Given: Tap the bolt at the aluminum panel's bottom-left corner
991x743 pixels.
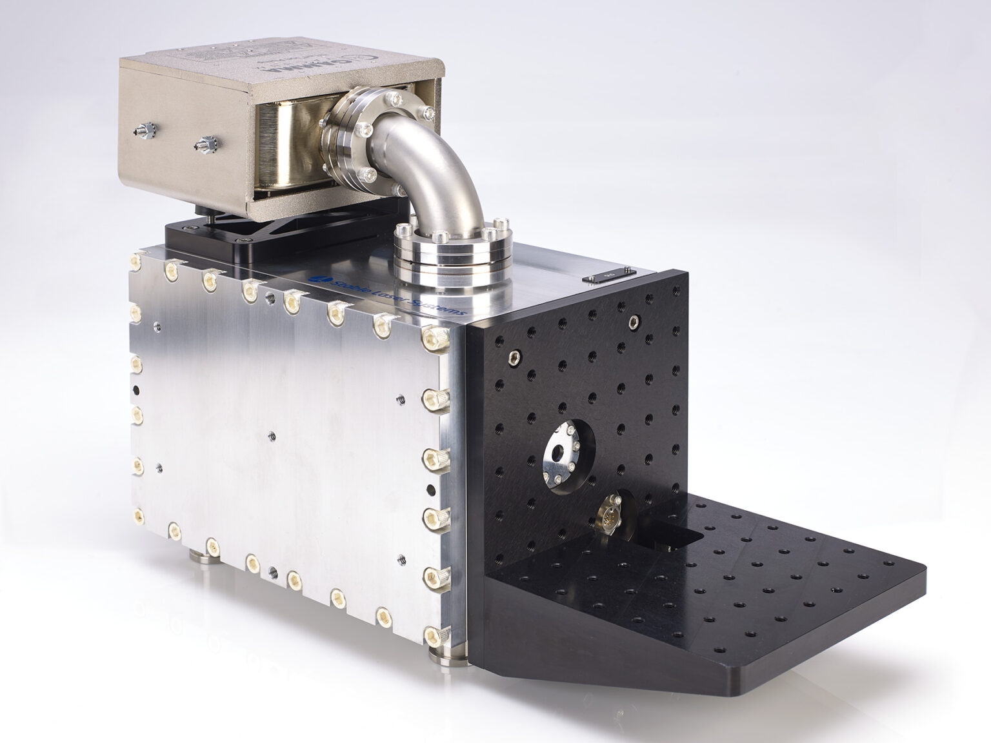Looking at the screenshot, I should pos(137,514).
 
